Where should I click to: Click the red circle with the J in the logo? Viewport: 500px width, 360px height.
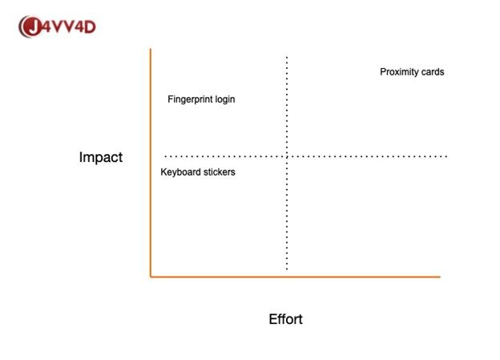point(31,26)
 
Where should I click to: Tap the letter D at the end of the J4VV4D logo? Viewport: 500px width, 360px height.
point(90,26)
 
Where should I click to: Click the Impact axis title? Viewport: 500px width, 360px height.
point(101,157)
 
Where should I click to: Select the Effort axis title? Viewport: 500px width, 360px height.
point(286,319)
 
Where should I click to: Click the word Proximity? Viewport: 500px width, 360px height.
point(399,72)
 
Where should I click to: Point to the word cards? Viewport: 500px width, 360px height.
point(433,72)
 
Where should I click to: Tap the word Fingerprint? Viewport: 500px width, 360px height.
point(190,99)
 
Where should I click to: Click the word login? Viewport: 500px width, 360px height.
point(225,99)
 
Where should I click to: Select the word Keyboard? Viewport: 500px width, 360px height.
point(180,172)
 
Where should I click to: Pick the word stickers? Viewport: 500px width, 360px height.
point(220,172)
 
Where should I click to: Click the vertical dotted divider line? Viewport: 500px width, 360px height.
point(287,163)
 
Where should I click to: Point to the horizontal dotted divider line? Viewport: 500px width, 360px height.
point(306,156)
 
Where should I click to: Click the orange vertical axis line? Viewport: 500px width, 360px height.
point(151,163)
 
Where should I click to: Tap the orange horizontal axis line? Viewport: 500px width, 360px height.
point(296,277)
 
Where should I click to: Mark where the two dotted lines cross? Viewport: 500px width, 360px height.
point(287,156)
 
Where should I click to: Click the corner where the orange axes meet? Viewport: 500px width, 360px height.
point(151,277)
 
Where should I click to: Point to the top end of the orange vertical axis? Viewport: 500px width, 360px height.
point(151,49)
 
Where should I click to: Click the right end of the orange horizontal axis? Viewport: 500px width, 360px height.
point(441,277)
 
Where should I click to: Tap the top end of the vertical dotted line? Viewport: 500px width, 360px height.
point(287,57)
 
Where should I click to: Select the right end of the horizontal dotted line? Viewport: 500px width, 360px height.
point(446,156)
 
